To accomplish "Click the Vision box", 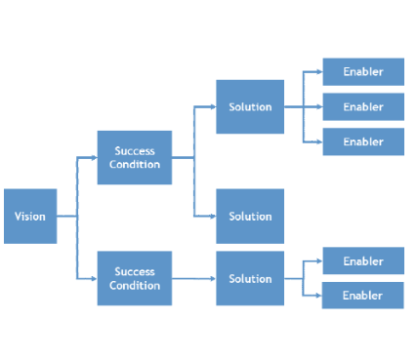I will (x=29, y=216).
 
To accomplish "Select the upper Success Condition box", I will (x=135, y=157).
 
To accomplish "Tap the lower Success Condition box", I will (x=135, y=278).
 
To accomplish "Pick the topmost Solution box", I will (x=250, y=106).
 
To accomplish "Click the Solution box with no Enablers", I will (x=250, y=216).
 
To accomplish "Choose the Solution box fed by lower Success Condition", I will (x=250, y=278).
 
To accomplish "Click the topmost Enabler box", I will (x=362, y=71).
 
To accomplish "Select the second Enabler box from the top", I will (x=362, y=106).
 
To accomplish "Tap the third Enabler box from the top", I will (x=362, y=141).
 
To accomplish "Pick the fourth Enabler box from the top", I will (x=362, y=260).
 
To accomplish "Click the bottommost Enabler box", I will (x=362, y=296).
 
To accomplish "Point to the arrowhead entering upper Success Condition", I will (x=94, y=157).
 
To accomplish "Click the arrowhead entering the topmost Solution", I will (x=213, y=106).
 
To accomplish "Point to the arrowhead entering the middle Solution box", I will (x=213, y=216).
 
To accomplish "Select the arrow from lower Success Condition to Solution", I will (x=193, y=278).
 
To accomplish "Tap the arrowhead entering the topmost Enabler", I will (x=319, y=71).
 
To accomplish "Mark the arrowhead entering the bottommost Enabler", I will (x=319, y=296).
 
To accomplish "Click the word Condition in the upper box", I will (x=135, y=164).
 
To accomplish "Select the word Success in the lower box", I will (x=135, y=271).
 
